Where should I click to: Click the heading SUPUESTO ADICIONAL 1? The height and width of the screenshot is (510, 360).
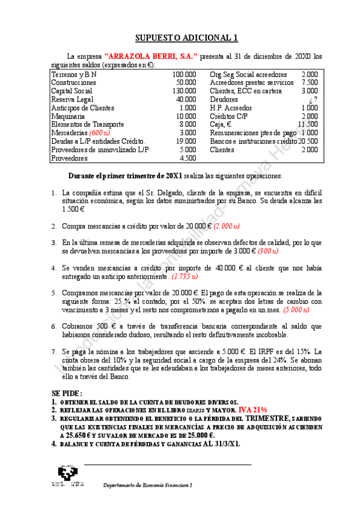pyautogui.click(x=186, y=37)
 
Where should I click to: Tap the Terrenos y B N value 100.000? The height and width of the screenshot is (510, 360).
pyautogui.click(x=184, y=74)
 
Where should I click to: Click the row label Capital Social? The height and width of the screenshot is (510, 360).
pyautogui.click(x=72, y=91)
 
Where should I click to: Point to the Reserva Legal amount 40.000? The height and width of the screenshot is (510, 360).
pyautogui.click(x=186, y=99)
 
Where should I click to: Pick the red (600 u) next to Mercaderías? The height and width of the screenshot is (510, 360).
pyautogui.click(x=100, y=133)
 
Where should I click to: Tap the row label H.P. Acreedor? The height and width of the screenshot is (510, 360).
pyautogui.click(x=232, y=108)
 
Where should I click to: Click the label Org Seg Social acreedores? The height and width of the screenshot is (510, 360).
pyautogui.click(x=248, y=74)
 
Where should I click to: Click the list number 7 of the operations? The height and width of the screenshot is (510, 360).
pyautogui.click(x=53, y=351)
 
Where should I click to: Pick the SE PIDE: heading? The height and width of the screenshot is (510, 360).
pyautogui.click(x=67, y=393)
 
